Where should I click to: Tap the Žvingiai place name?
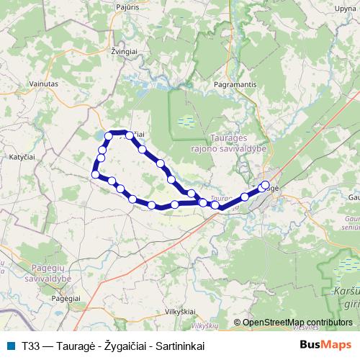(125, 53)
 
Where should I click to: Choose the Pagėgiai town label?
(66, 297)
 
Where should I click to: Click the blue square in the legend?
(9, 345)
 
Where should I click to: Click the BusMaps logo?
(325, 344)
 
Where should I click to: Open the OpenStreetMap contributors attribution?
(297, 323)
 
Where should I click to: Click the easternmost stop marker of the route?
(266, 184)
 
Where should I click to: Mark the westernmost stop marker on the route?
(95, 174)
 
